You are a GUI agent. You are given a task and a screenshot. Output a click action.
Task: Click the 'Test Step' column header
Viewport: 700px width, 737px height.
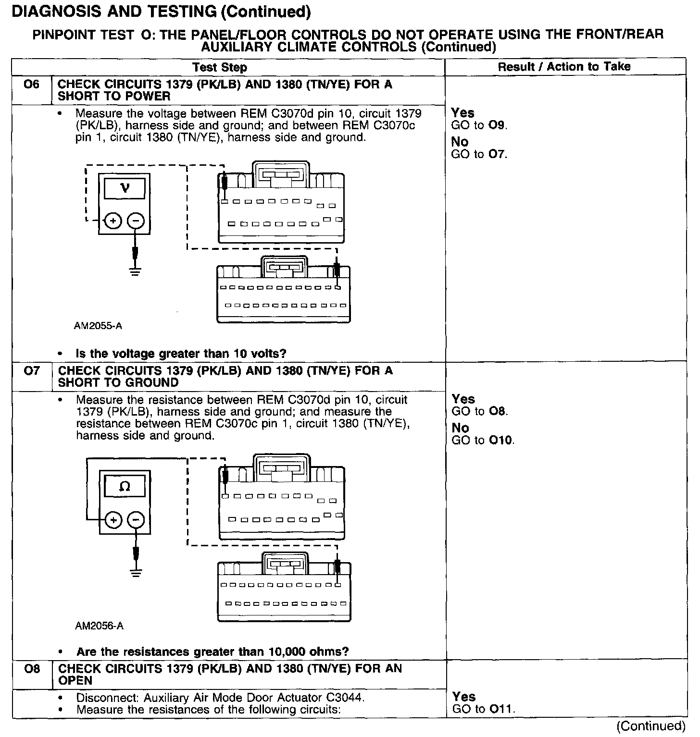[220, 67]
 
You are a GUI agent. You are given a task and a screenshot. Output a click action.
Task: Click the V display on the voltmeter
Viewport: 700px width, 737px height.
[125, 188]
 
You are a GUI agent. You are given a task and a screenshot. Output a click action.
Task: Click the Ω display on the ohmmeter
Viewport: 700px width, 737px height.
[125, 486]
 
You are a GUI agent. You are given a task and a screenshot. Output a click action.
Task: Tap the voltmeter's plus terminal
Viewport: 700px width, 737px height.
[112, 221]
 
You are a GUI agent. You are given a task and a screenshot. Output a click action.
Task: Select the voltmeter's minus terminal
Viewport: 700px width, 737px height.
[136, 221]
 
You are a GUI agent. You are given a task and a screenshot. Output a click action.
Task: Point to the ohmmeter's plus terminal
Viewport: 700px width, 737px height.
[113, 520]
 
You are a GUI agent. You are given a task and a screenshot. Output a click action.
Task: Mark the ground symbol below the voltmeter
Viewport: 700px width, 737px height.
[136, 271]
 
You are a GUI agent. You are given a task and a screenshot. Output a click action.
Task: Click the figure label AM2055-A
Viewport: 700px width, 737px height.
[98, 326]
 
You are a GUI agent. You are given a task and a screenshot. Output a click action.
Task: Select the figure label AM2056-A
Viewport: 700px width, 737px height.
[99, 626]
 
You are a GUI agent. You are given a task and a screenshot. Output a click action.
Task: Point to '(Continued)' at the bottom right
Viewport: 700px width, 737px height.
[651, 725]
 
